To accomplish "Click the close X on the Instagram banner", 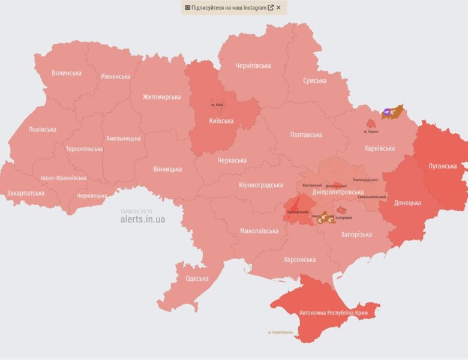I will tap(278, 8).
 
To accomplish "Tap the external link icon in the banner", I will tap(271, 8).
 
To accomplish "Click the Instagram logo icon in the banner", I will tap(188, 8).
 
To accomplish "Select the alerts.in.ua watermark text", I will tap(142, 219).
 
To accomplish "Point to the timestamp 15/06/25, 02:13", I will tap(136, 211).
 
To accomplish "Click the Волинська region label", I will tap(66, 73).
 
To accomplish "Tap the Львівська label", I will tap(43, 129).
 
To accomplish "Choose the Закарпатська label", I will tap(26, 193).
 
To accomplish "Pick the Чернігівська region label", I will tap(253, 65).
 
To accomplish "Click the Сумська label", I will tap(314, 80).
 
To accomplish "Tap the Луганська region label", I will tap(443, 166).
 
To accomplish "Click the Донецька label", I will tap(407, 203).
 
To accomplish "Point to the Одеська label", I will tap(197, 278).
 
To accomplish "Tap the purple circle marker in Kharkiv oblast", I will tap(388, 112).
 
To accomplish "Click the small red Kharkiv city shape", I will tap(371, 122).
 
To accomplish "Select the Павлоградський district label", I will tap(365, 179).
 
